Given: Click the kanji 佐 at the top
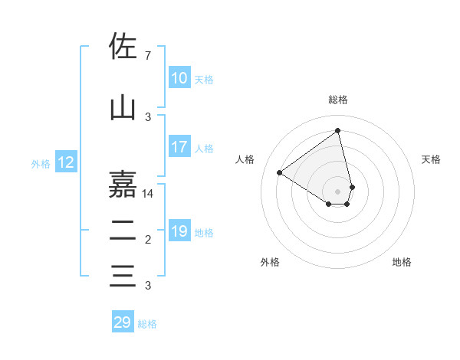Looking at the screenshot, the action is [123, 46].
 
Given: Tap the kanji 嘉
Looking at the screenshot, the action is [123, 184].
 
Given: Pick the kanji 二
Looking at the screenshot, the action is [123, 230].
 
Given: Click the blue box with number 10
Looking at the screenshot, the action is [179, 78].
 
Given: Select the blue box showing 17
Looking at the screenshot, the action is [179, 147].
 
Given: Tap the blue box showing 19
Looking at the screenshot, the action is [179, 231].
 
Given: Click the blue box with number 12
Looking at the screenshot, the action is [65, 162].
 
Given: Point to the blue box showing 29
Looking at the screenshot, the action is [123, 322].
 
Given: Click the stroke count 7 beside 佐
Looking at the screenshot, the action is [147, 56].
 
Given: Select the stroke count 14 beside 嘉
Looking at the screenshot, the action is [149, 194].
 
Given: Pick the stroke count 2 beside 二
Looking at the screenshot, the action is [147, 241].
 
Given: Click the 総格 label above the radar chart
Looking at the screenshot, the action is [338, 100].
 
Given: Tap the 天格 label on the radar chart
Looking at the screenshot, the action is [431, 159].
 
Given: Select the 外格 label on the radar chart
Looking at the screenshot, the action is [270, 262].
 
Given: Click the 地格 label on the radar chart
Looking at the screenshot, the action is [402, 262].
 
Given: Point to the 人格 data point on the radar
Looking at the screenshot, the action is [280, 172].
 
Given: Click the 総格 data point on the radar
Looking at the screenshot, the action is [337, 130].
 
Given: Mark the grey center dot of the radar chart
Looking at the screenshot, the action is [338, 190].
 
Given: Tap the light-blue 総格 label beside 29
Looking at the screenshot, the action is [147, 324].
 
